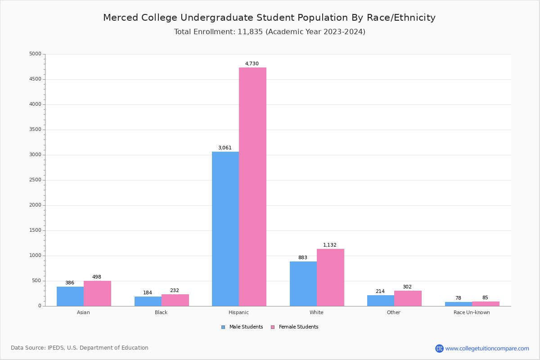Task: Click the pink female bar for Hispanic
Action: coord(252,187)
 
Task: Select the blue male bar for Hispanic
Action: coord(225,229)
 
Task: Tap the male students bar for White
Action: coord(303,283)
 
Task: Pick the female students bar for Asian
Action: coord(97,293)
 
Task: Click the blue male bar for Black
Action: coord(148,301)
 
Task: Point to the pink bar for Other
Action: coord(408,298)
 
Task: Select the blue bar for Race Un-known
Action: coord(459,304)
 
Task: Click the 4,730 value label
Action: coord(252,64)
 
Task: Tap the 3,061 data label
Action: coord(225,148)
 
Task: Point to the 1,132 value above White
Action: coord(330,245)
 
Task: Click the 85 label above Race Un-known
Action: coord(485,298)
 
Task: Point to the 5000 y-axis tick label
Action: coord(35,54)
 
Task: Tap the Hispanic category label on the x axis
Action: coord(238,312)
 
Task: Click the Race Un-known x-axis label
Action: coord(472,312)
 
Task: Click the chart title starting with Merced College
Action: coord(269,18)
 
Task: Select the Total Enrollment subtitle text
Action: coord(270,32)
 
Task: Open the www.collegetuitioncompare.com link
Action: coord(487,348)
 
